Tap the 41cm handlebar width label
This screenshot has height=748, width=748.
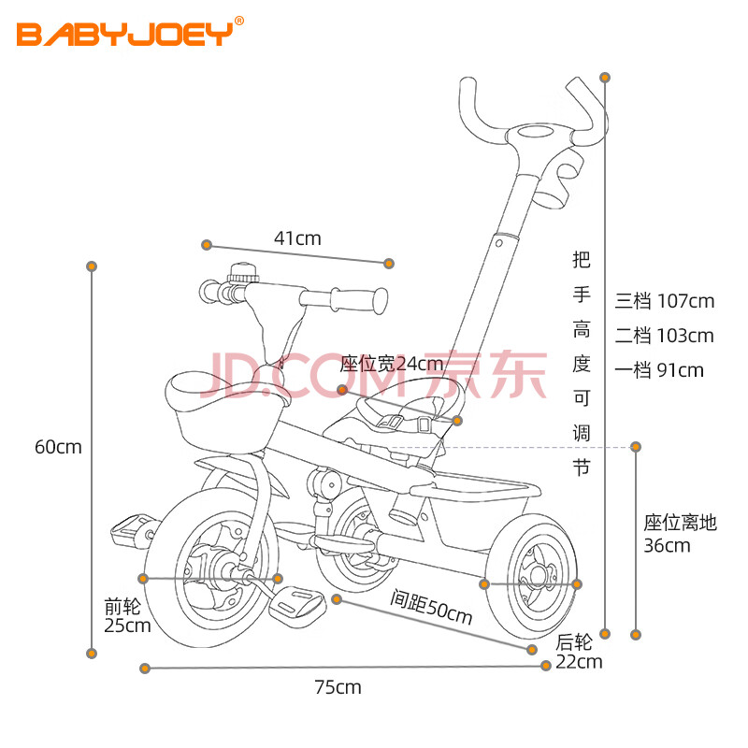pyautogui.click(x=297, y=238)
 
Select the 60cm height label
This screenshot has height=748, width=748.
pyautogui.click(x=58, y=447)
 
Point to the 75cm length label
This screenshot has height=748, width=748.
pyautogui.click(x=338, y=688)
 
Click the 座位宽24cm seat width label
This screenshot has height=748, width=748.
pyautogui.click(x=392, y=364)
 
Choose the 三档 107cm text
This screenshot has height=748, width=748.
pyautogui.click(x=664, y=301)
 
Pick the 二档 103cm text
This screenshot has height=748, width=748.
pyautogui.click(x=664, y=336)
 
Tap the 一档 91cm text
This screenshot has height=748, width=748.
pyautogui.click(x=659, y=370)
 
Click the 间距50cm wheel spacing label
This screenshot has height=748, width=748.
pyautogui.click(x=431, y=608)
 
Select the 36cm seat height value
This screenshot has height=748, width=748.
pyautogui.click(x=667, y=545)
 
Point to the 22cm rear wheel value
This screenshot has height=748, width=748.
pyautogui.click(x=579, y=663)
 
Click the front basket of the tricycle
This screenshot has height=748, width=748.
pyautogui.click(x=223, y=411)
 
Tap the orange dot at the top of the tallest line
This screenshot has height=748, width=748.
pyautogui.click(x=606, y=77)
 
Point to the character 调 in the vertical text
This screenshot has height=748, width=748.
pyautogui.click(x=582, y=431)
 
